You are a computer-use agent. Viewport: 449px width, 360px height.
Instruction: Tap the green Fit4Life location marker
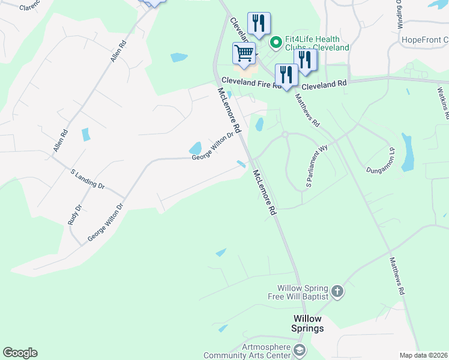(276, 42)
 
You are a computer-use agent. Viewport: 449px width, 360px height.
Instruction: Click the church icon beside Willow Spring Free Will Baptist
(337, 292)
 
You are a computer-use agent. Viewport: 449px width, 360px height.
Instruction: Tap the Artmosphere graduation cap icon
(300, 350)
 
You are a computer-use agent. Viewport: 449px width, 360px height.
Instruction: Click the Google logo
(20, 353)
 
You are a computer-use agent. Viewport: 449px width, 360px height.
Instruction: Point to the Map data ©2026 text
(423, 355)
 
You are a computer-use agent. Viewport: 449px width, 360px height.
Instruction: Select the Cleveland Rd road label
(324, 85)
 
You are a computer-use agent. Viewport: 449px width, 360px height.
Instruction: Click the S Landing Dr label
(88, 179)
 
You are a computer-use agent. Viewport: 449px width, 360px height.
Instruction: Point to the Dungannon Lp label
(381, 161)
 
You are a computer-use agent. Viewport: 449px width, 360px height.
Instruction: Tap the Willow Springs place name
(309, 323)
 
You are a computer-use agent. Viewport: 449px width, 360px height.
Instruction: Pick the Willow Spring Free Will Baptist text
(303, 292)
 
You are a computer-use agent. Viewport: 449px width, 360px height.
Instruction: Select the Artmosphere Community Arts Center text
(248, 351)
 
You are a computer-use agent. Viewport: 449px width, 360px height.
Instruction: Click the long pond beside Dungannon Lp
(408, 152)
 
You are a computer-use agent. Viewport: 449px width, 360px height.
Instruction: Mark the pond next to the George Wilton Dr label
(196, 148)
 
